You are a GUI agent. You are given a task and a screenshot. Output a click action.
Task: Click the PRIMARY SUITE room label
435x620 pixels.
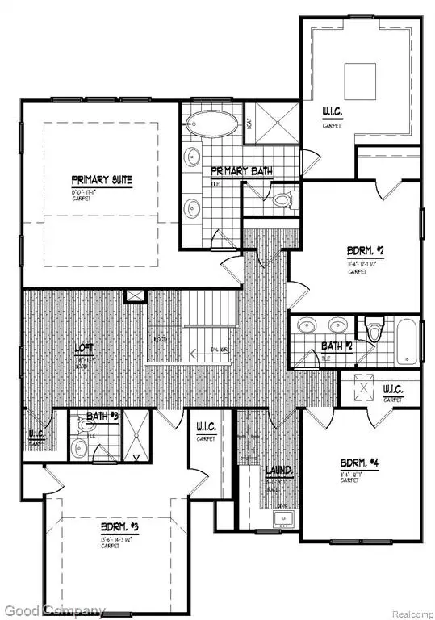pos(101,179)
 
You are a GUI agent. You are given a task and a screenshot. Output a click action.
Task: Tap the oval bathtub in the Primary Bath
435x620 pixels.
pos(212,125)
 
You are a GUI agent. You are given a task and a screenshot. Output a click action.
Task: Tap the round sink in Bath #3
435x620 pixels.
pos(77,447)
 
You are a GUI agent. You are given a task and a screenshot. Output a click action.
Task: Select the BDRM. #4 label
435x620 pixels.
pos(359,463)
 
